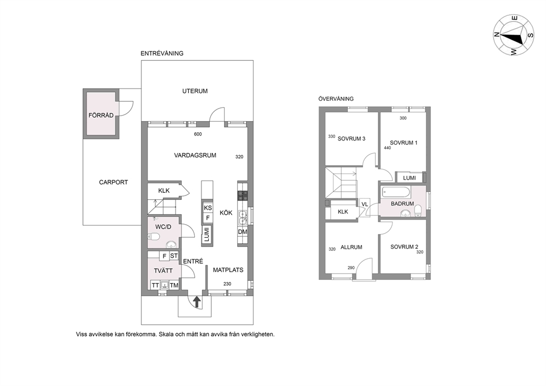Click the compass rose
tap(514, 35)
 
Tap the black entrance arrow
tap(197, 302)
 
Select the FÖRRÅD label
tap(101, 115)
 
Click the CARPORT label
tap(113, 182)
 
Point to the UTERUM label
tap(195, 91)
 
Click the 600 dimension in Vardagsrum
tap(198, 134)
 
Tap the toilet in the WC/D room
tap(154, 237)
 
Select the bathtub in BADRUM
tap(397, 191)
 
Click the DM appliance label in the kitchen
tap(243, 232)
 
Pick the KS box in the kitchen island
tap(208, 208)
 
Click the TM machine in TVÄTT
tap(174, 285)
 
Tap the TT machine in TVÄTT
tap(155, 285)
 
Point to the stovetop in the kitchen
tap(242, 196)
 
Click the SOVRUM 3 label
tap(351, 139)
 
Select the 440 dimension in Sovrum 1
tap(387, 148)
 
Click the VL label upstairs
tap(364, 204)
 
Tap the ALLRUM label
tap(351, 247)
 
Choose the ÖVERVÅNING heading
tap(336, 99)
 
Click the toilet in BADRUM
tap(419, 210)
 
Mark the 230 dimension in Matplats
tap(227, 284)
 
